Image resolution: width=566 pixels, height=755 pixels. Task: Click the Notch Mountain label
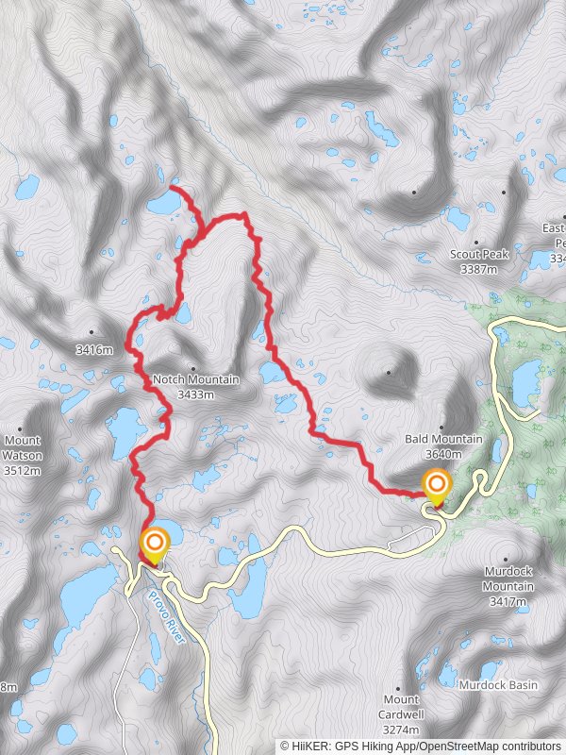(195, 380)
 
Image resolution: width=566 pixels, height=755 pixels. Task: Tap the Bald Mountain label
(443, 440)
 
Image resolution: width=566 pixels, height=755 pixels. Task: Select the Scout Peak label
(479, 255)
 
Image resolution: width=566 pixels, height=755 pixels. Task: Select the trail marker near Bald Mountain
(436, 487)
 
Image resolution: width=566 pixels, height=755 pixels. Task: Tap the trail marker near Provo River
(155, 545)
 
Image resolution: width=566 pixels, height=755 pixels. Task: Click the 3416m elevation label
(94, 350)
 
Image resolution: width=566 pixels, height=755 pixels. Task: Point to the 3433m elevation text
(195, 394)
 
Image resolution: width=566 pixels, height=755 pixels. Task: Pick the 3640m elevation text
(443, 453)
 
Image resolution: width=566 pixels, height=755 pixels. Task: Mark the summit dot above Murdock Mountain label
(508, 559)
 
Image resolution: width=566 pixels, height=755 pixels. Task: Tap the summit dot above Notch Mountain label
(191, 367)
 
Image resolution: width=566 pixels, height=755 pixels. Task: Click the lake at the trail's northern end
(162, 201)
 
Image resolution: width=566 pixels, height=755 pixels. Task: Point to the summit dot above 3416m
(92, 332)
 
